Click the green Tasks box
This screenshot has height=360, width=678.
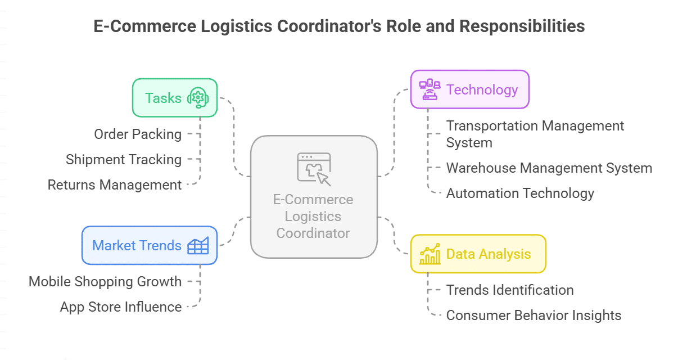point(174,98)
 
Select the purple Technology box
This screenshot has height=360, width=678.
point(469,89)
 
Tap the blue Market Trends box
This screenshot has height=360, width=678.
point(149,245)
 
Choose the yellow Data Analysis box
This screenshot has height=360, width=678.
point(478,254)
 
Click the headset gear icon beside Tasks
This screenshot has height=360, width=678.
point(198,98)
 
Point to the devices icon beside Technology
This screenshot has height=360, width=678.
point(430,89)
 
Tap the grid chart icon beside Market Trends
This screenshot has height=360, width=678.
point(198,245)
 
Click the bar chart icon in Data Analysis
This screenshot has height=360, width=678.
point(430,254)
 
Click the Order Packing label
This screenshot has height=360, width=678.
point(138,134)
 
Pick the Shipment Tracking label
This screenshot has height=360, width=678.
point(124,160)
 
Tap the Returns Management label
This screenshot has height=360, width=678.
point(115,185)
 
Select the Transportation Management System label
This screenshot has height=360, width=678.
point(535,134)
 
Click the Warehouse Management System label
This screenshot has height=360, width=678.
point(549,168)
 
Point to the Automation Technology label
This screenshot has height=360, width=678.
point(520,193)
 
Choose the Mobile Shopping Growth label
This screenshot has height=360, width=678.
point(105,282)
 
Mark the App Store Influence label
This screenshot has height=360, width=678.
point(121,307)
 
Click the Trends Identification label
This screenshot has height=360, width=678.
point(510,290)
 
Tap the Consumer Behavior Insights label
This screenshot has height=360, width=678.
point(534,316)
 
